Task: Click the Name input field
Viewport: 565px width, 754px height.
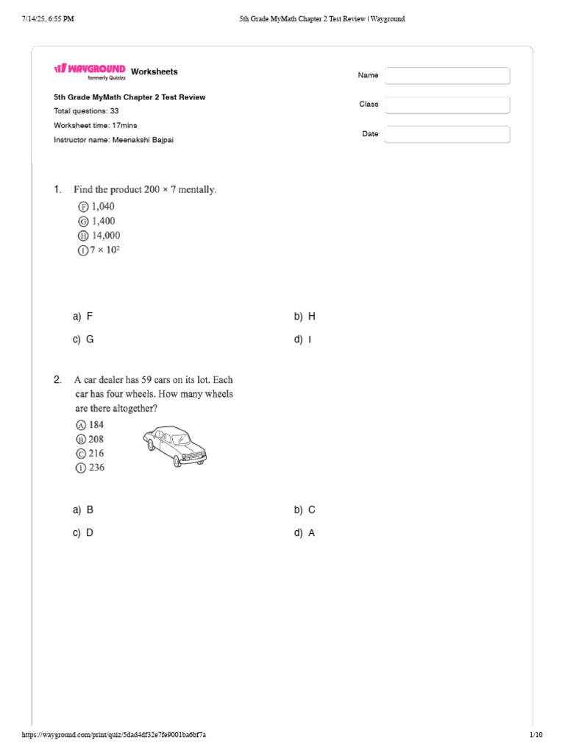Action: click(447, 76)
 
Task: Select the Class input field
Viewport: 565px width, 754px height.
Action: click(447, 105)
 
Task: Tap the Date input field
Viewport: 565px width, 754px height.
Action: click(447, 134)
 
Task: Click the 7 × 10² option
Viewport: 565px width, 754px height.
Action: click(99, 250)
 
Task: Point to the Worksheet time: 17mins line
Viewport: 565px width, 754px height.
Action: click(96, 125)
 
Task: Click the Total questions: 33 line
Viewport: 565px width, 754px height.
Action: click(87, 111)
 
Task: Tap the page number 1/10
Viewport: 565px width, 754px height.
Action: click(536, 735)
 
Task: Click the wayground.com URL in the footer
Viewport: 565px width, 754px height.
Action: click(114, 735)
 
